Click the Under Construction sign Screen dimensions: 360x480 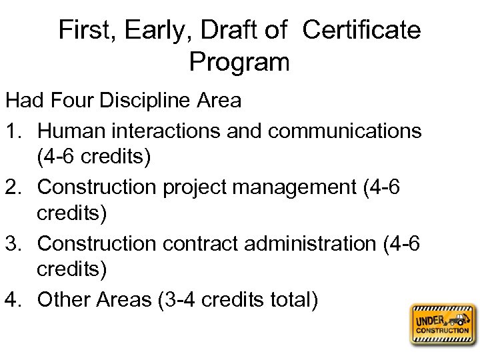(443, 325)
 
